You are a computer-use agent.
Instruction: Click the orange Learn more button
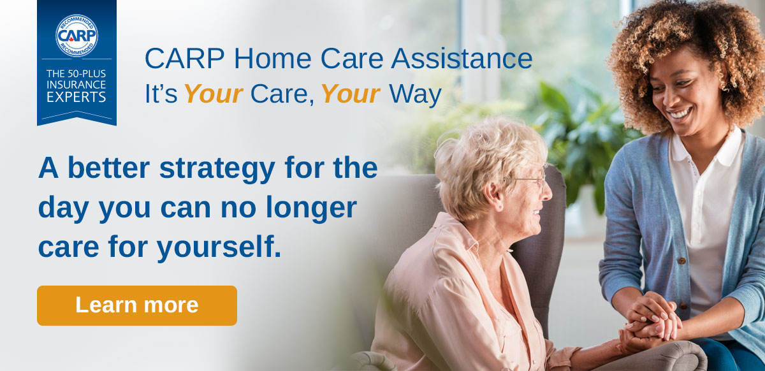[x=136, y=305]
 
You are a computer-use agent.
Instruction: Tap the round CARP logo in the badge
[x=76, y=35]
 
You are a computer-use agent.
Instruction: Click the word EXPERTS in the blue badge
[x=76, y=97]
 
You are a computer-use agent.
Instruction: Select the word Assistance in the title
[x=462, y=59]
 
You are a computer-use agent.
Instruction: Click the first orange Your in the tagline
[x=213, y=94]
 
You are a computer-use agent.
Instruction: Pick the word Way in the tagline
[x=415, y=94]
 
